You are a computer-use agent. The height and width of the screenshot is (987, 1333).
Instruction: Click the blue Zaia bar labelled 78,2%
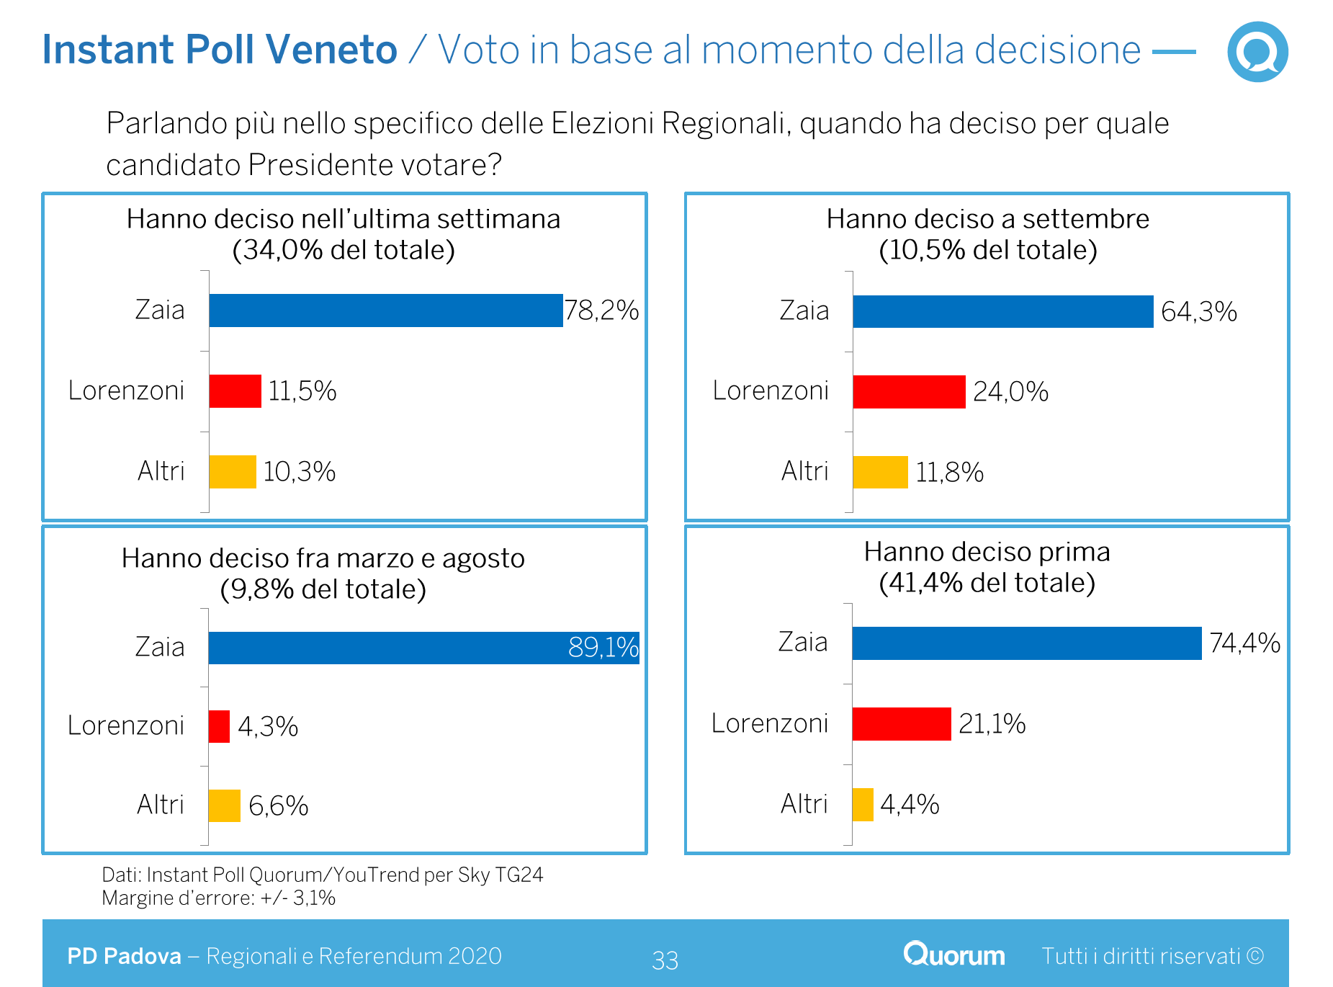(386, 311)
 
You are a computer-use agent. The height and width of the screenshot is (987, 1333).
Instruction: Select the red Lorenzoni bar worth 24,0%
(909, 392)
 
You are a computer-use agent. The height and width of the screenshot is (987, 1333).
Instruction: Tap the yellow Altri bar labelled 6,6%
(224, 805)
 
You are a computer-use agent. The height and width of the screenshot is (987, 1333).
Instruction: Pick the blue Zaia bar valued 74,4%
(1026, 643)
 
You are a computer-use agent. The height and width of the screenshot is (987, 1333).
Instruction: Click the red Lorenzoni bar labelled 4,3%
(219, 726)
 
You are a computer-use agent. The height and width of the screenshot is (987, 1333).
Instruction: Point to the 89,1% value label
(603, 648)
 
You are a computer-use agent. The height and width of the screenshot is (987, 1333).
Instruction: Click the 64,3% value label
(1198, 312)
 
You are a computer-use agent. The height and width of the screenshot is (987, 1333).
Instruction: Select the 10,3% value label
(299, 472)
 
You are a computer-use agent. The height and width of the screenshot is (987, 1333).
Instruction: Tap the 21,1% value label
(992, 724)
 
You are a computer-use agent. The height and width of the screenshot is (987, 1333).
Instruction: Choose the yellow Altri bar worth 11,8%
(880, 473)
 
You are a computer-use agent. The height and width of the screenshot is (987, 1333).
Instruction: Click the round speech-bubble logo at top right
(1257, 52)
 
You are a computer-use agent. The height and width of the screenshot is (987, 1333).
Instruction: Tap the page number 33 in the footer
(665, 960)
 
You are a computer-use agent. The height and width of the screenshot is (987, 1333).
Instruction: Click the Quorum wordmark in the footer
(954, 955)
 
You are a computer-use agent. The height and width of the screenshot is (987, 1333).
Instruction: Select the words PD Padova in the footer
(124, 956)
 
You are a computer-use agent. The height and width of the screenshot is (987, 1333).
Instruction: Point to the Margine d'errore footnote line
(218, 898)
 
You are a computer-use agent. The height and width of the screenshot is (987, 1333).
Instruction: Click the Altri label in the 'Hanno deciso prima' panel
(804, 804)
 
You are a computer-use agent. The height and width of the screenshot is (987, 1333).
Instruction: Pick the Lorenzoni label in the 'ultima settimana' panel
(126, 390)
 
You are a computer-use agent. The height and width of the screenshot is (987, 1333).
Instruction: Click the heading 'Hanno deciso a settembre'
(987, 219)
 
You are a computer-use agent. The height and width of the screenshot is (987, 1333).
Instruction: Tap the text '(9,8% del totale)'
(323, 589)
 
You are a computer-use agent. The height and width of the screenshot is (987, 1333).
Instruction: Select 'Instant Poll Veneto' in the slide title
(220, 50)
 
